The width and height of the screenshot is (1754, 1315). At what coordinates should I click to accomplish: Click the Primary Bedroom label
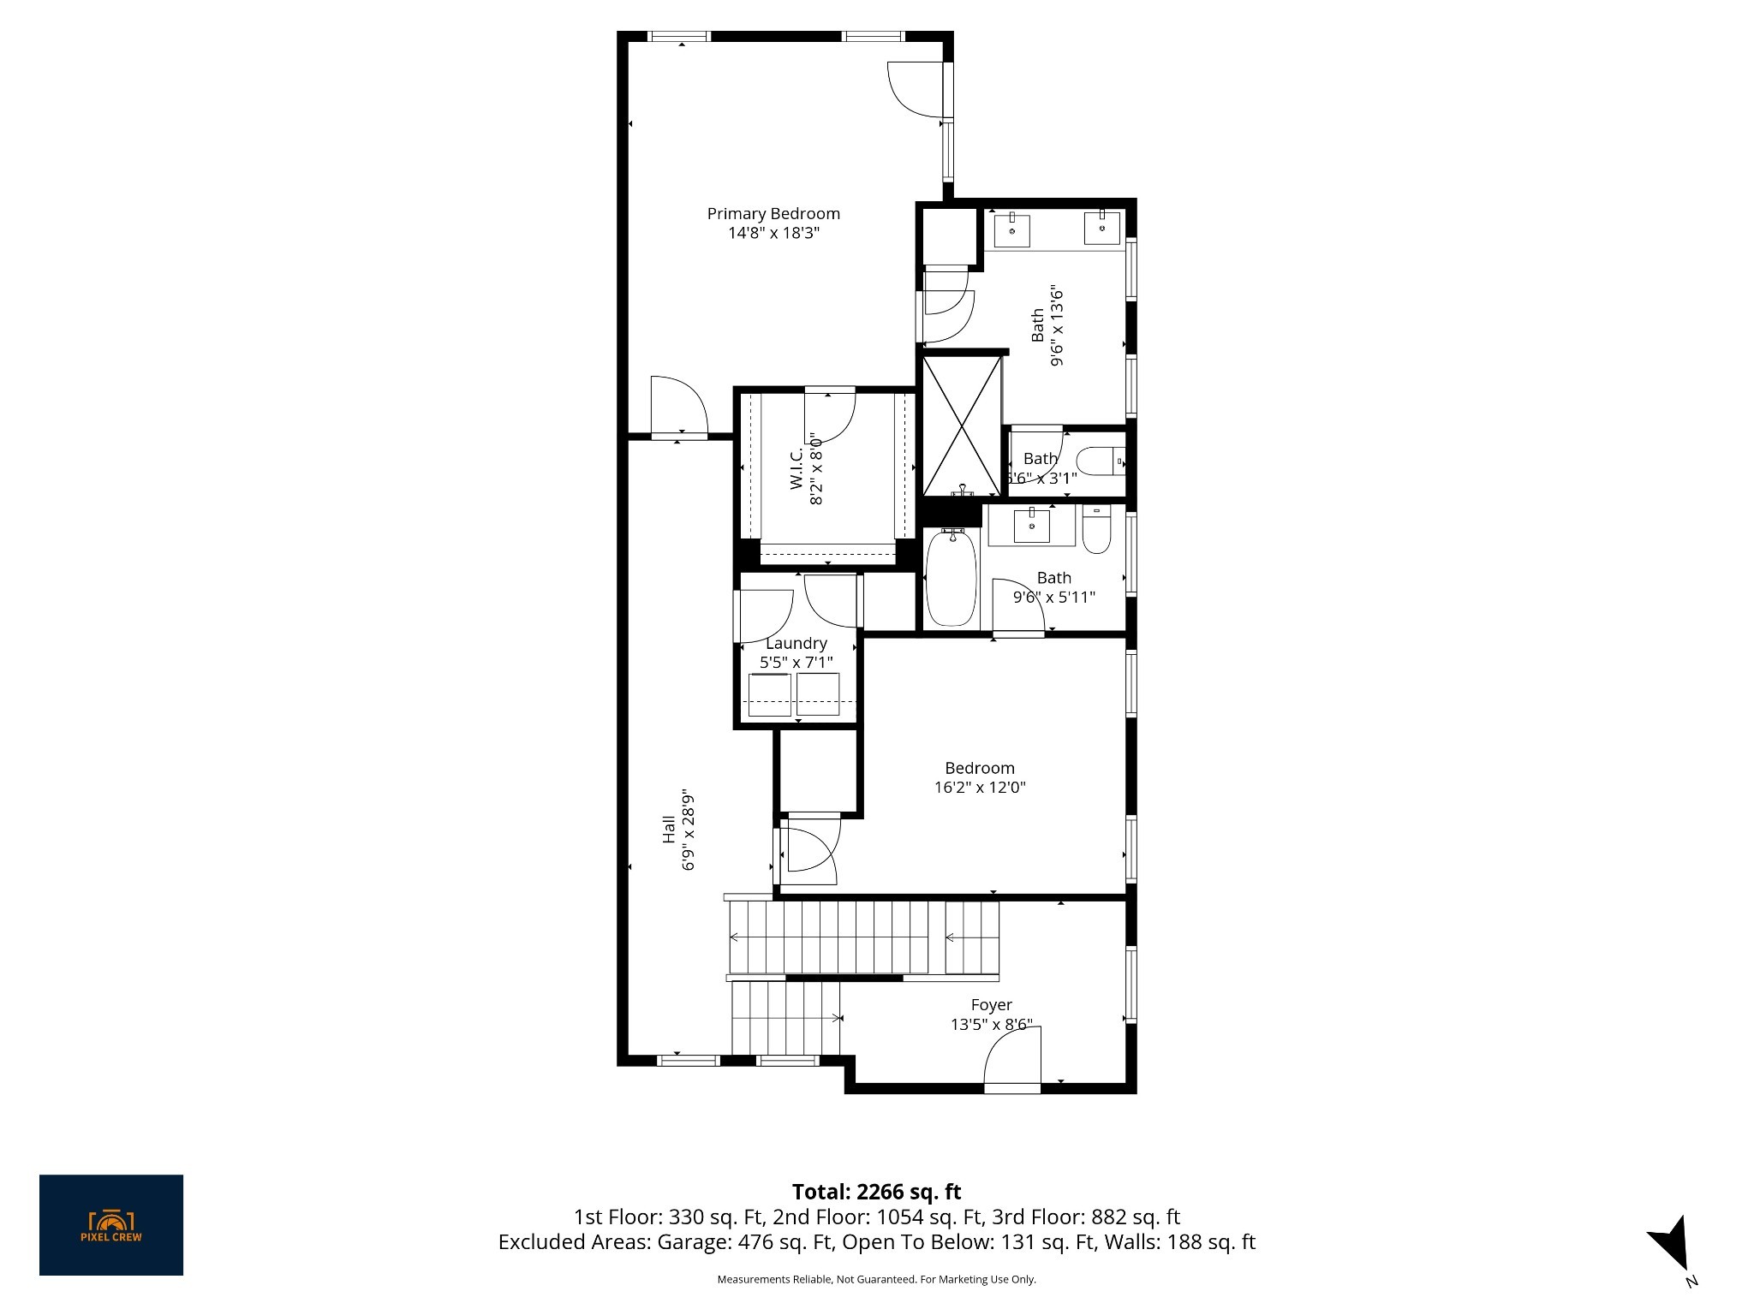(773, 213)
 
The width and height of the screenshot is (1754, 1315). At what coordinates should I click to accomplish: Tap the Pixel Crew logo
(111, 1225)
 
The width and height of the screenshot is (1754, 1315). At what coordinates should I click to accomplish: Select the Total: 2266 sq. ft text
(876, 1192)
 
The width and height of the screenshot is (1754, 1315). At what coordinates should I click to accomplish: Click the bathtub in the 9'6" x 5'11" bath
(951, 578)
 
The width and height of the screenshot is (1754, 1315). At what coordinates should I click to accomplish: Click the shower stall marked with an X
(962, 425)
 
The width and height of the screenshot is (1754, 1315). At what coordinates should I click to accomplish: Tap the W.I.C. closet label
(796, 469)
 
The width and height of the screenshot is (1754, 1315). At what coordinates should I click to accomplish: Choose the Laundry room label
(796, 643)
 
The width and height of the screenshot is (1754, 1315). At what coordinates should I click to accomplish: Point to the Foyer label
(991, 1004)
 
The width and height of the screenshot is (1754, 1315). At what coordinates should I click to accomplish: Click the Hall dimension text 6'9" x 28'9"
(687, 829)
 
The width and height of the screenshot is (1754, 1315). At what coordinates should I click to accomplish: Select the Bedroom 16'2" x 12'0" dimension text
(980, 787)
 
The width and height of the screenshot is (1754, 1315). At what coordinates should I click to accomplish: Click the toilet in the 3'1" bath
(1100, 462)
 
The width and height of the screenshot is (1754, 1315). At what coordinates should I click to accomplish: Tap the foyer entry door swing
(1012, 1060)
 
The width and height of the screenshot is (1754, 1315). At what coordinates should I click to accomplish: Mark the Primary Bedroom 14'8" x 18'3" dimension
(773, 233)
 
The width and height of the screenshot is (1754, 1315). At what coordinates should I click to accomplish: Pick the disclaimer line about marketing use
(876, 1279)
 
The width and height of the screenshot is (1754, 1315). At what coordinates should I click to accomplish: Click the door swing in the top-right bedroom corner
(916, 90)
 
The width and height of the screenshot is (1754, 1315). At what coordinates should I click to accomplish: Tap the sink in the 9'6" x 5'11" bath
(1032, 525)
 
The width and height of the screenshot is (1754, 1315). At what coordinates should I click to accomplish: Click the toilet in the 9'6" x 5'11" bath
(1096, 529)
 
